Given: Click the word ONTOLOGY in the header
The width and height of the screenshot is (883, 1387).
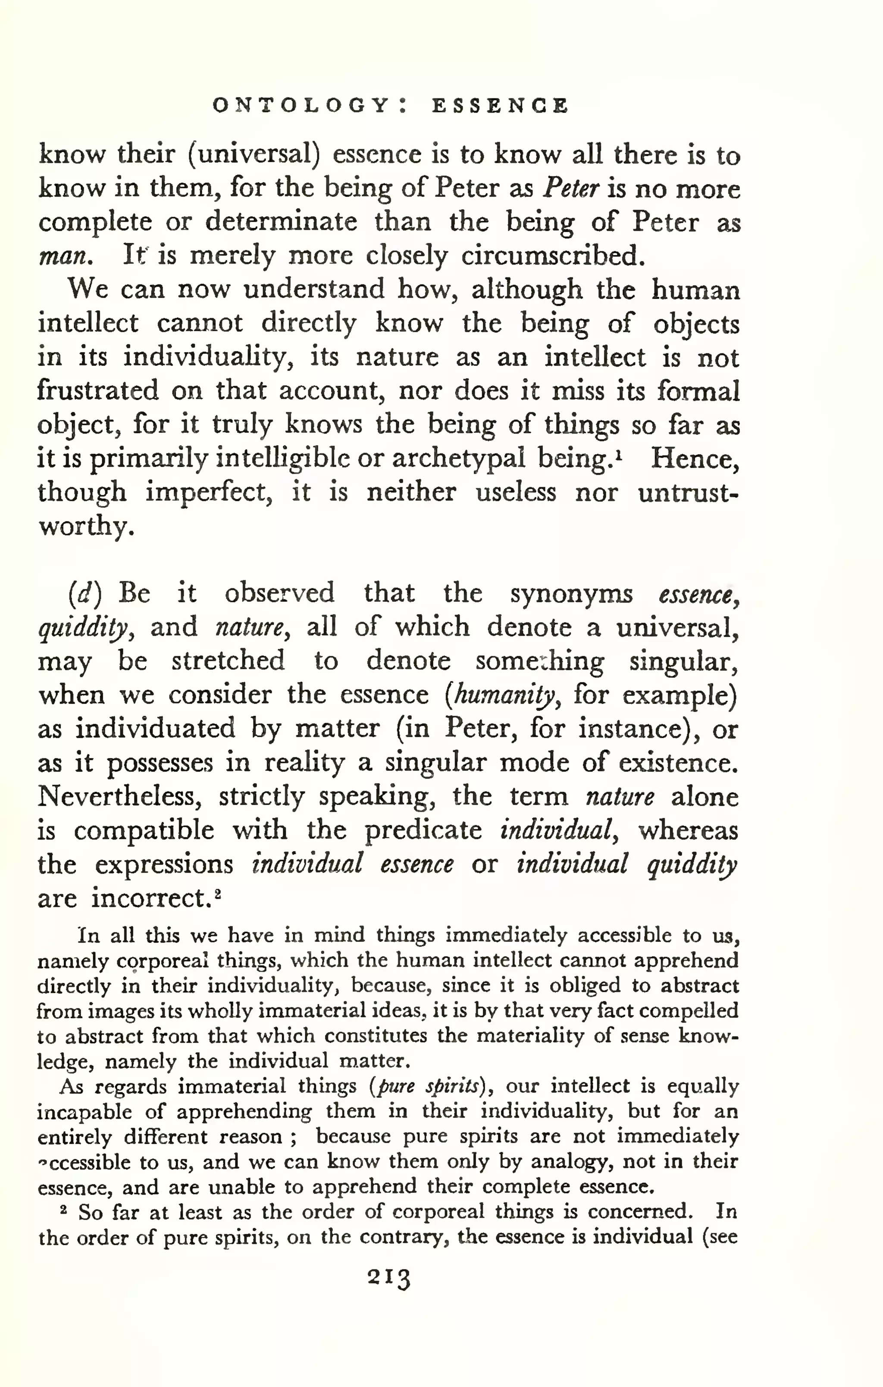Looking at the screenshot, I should click(301, 105).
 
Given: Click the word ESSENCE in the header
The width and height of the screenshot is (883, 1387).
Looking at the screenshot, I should click(500, 105).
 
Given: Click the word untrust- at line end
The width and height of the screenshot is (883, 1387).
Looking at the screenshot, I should click(689, 493).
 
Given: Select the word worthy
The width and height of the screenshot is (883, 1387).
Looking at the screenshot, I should click(86, 526).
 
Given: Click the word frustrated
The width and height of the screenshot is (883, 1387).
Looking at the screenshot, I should click(98, 391).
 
